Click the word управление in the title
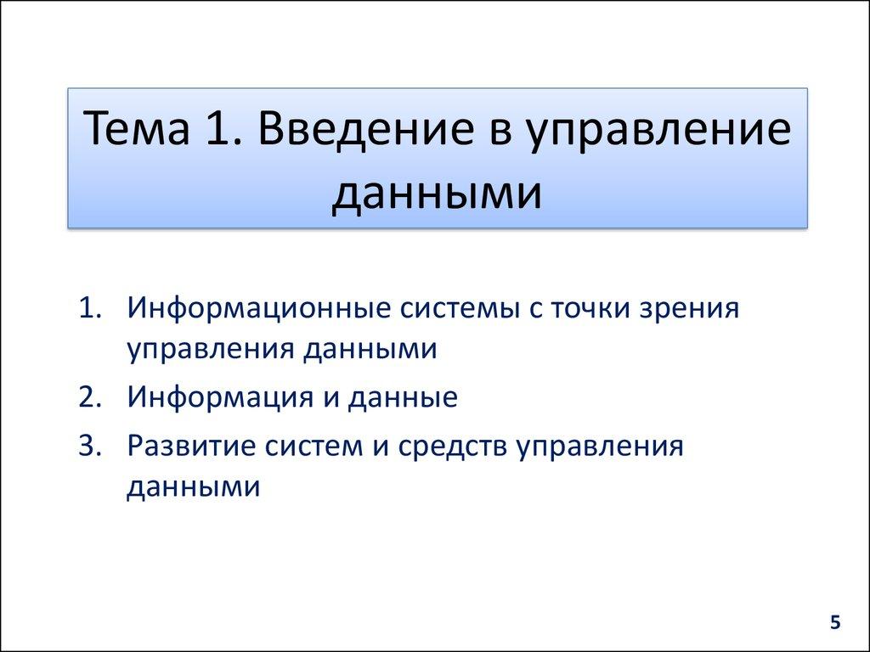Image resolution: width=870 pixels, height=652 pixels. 659,134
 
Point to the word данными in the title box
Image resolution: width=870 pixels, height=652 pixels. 436,194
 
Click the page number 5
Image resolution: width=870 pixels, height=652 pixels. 835,624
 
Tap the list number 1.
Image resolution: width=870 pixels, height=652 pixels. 90,307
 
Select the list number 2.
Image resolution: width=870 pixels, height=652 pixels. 90,397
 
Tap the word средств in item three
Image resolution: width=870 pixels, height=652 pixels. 453,447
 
